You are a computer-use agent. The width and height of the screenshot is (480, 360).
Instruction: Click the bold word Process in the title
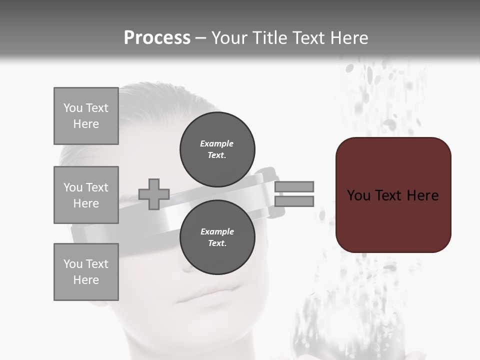point(157,38)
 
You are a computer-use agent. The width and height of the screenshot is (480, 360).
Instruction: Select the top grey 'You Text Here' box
point(86,116)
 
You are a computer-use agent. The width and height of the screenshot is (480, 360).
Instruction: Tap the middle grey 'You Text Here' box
point(86,195)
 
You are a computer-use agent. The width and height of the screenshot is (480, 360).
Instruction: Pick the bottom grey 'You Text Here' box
point(86,271)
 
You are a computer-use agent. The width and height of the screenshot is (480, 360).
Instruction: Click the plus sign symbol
point(154,194)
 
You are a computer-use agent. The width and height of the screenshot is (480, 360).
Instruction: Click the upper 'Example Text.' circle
point(217,149)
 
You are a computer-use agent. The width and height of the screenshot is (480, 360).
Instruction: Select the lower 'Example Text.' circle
point(217,237)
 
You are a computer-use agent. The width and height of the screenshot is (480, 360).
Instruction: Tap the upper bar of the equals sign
point(294,186)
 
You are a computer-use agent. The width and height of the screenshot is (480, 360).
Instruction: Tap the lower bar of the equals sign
point(294,201)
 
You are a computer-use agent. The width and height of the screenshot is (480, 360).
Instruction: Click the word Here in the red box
point(422,195)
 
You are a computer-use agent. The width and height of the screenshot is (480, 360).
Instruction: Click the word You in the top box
point(72,108)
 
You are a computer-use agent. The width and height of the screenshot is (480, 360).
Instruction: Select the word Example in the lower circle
point(217,231)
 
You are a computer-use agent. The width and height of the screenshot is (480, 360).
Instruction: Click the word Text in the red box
point(390,195)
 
